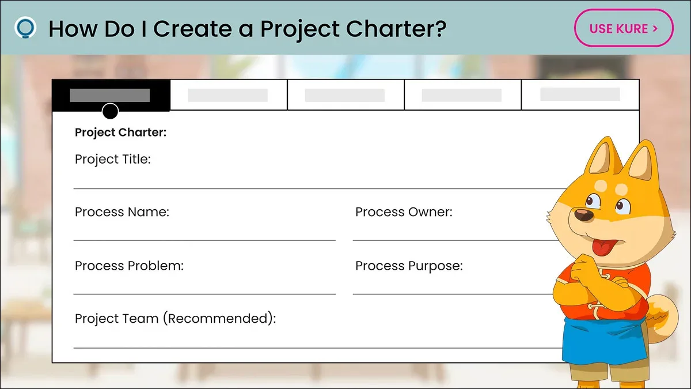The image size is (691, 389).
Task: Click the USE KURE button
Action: tap(624, 28)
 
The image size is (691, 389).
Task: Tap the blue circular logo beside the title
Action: tap(25, 28)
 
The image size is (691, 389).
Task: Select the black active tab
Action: tap(111, 95)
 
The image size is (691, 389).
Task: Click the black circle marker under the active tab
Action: tap(110, 111)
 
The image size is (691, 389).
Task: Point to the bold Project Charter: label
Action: tap(120, 133)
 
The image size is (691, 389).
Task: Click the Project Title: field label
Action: tap(113, 160)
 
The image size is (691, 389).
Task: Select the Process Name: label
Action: tap(122, 212)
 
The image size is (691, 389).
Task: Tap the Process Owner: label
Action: tap(404, 212)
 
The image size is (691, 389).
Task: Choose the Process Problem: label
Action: tap(129, 266)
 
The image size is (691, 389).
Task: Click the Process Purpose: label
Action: tap(409, 266)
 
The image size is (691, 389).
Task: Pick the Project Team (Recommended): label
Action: tap(175, 319)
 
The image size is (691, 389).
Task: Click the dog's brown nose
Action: tap(584, 214)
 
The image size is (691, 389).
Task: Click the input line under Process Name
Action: tap(204, 240)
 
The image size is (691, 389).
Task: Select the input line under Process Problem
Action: tap(204, 294)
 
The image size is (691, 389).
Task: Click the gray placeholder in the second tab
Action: tap(228, 95)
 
